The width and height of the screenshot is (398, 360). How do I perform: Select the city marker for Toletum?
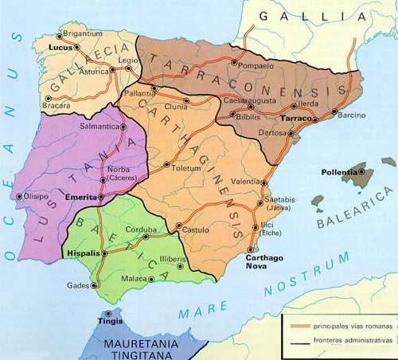click(x=166, y=166)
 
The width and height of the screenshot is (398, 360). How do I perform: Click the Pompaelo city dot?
click(x=233, y=62)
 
